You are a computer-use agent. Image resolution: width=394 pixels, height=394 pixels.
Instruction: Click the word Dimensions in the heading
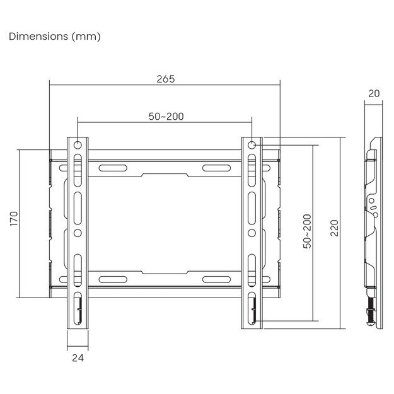(x=33, y=37)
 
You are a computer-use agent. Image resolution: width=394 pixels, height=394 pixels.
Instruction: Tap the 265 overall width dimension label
(x=165, y=79)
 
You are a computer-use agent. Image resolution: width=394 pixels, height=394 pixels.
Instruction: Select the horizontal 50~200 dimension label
(x=166, y=116)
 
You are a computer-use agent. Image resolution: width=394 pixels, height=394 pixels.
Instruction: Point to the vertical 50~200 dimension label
(x=307, y=231)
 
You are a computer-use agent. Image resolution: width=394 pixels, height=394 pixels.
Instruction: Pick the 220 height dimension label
(x=334, y=228)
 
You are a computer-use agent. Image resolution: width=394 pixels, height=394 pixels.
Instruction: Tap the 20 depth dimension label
(x=373, y=93)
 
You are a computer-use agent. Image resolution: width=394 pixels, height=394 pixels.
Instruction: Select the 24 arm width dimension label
(x=77, y=357)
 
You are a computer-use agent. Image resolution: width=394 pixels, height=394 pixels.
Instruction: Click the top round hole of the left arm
(x=78, y=144)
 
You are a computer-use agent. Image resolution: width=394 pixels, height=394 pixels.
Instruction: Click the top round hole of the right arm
(x=252, y=144)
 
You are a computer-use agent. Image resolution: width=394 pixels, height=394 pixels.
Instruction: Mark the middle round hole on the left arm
(x=78, y=233)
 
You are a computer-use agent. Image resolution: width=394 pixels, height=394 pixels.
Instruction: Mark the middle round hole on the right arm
(x=252, y=233)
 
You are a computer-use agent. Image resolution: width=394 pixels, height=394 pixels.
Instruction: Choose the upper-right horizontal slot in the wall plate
(x=216, y=168)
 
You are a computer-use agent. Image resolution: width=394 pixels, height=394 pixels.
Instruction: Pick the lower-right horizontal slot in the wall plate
(x=216, y=279)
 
